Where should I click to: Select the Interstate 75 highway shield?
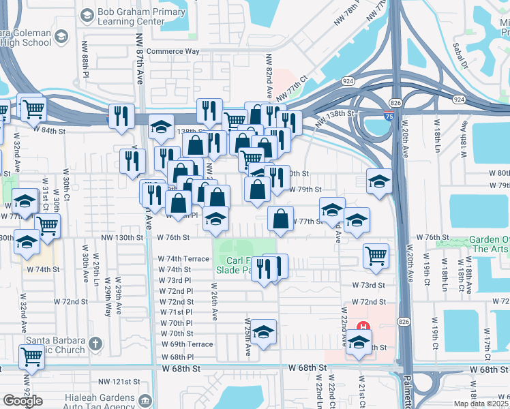[389, 117]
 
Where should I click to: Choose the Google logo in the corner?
[22, 400]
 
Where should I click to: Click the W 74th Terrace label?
[183, 259]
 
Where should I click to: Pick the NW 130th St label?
[123, 238]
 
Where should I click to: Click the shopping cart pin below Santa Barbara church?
[31, 357]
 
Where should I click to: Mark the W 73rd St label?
[368, 285]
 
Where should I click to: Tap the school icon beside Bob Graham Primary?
[87, 14]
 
